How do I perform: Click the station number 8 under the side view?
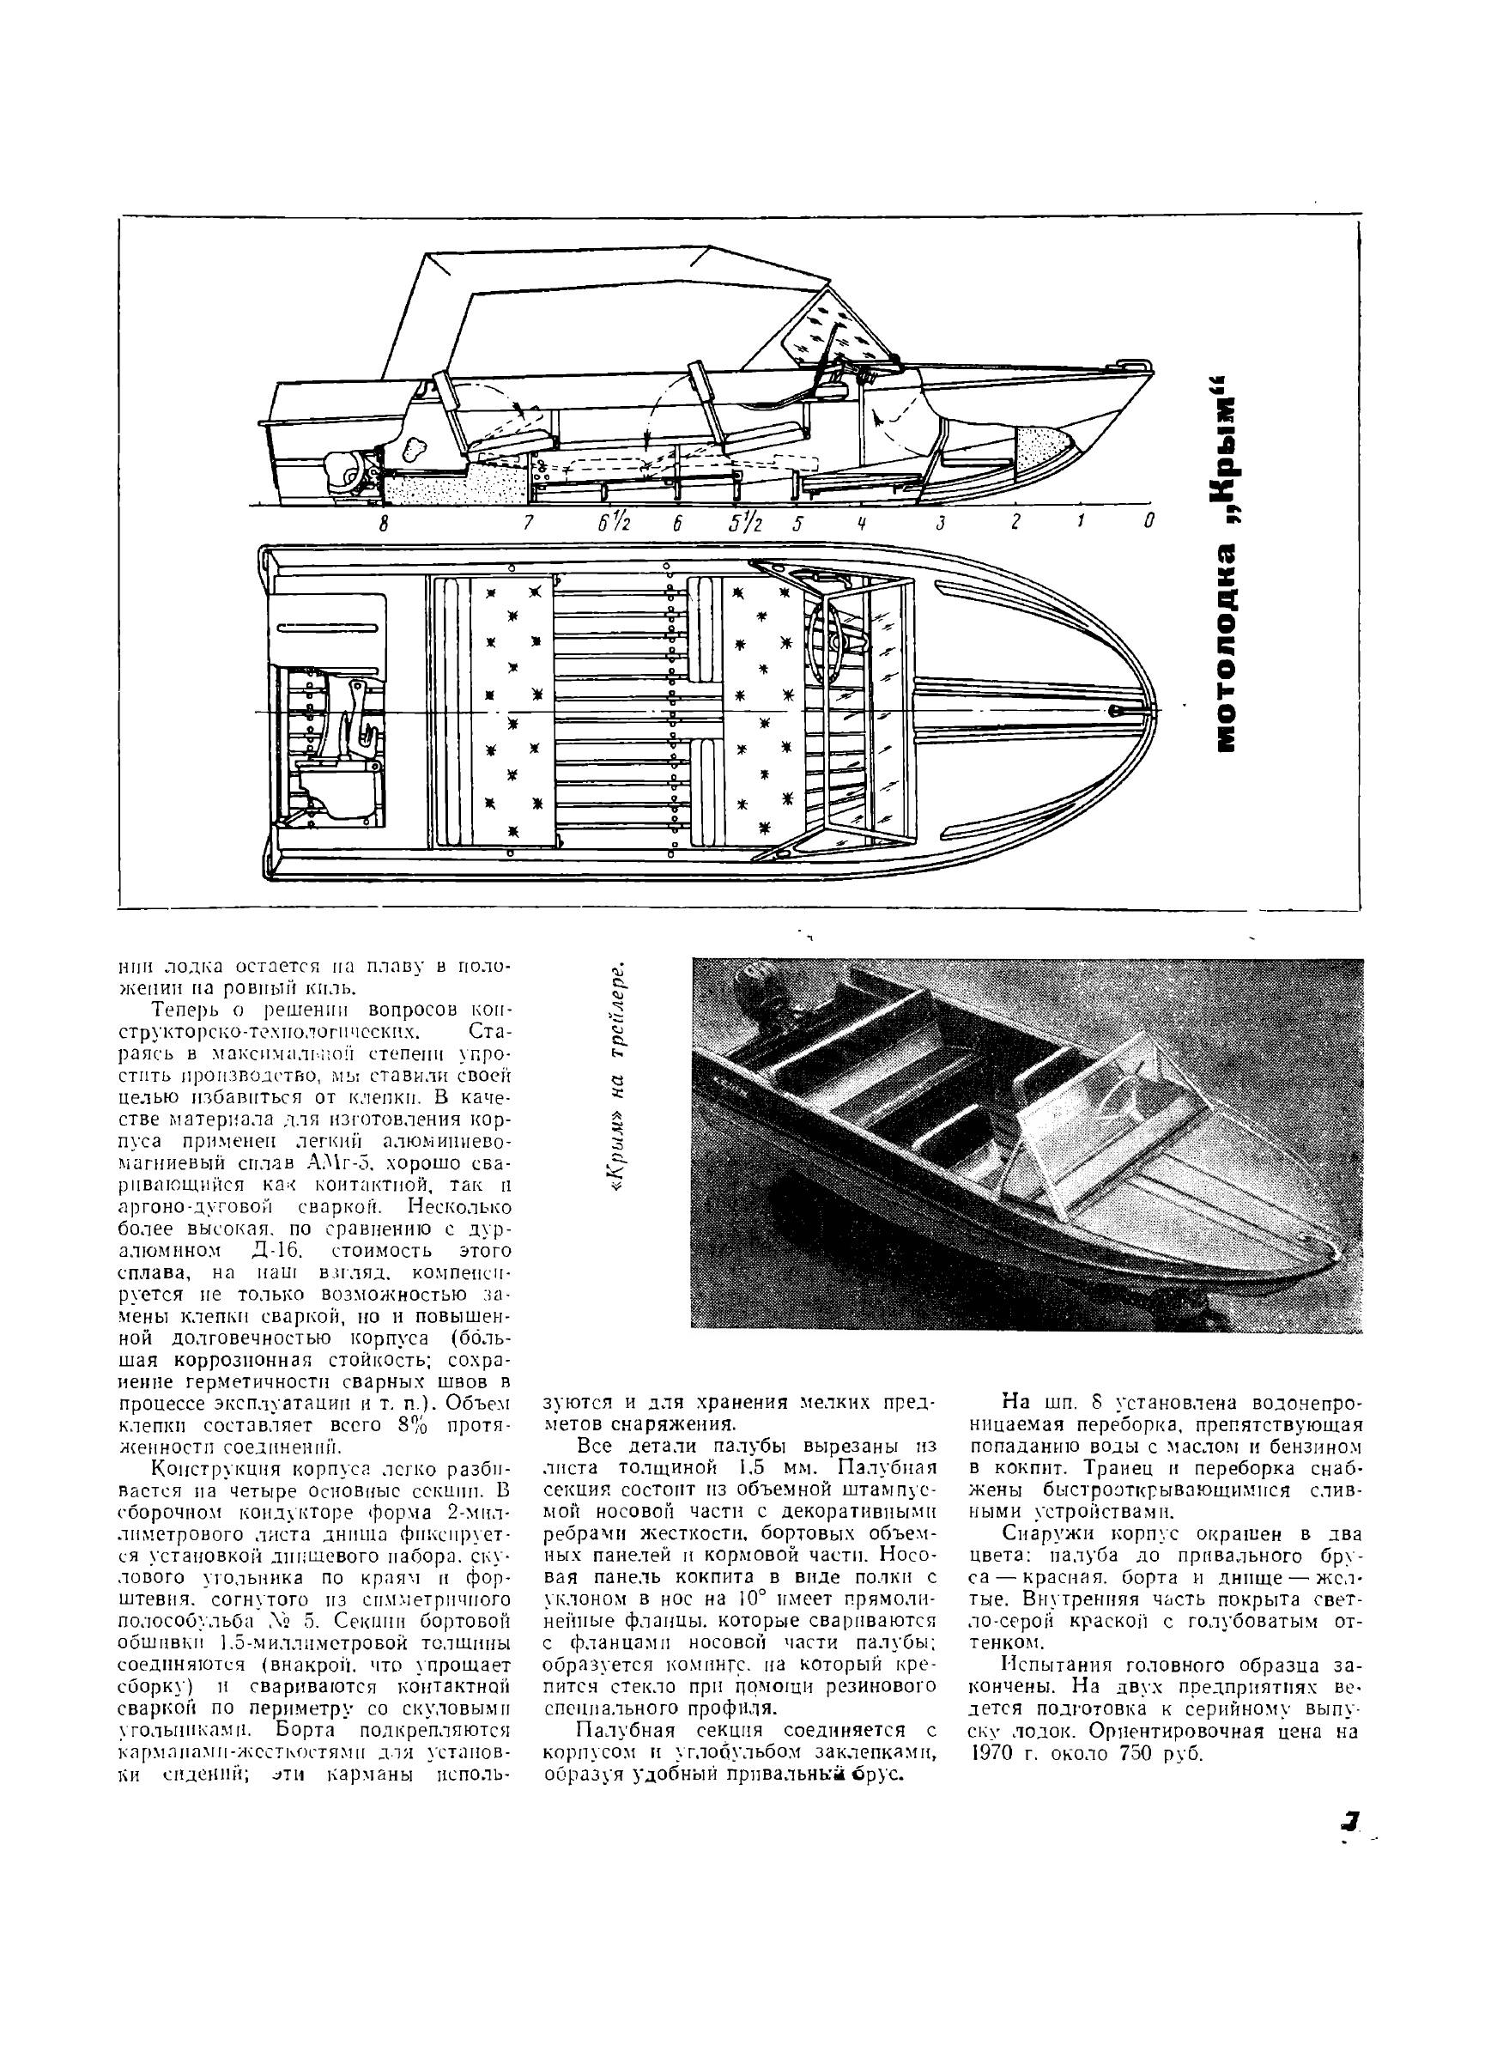tap(384, 523)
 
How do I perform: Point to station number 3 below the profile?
tap(942, 523)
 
